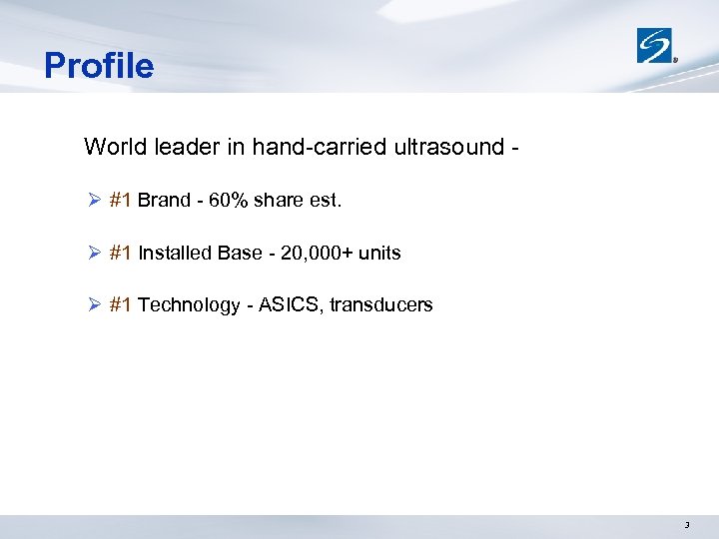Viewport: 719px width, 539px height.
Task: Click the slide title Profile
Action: (x=99, y=66)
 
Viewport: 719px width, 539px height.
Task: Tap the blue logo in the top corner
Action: (x=656, y=45)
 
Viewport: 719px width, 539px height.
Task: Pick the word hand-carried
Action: (x=308, y=147)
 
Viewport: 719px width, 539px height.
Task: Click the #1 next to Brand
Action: (x=121, y=200)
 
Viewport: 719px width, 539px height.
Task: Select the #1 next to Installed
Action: (x=121, y=253)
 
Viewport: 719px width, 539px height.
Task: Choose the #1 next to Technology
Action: (x=121, y=304)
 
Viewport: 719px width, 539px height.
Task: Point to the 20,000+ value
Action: (x=317, y=253)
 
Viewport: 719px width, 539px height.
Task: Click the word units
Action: (x=379, y=253)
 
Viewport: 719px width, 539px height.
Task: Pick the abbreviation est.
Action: (x=325, y=200)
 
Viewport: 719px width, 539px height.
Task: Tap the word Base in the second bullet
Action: (x=241, y=253)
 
